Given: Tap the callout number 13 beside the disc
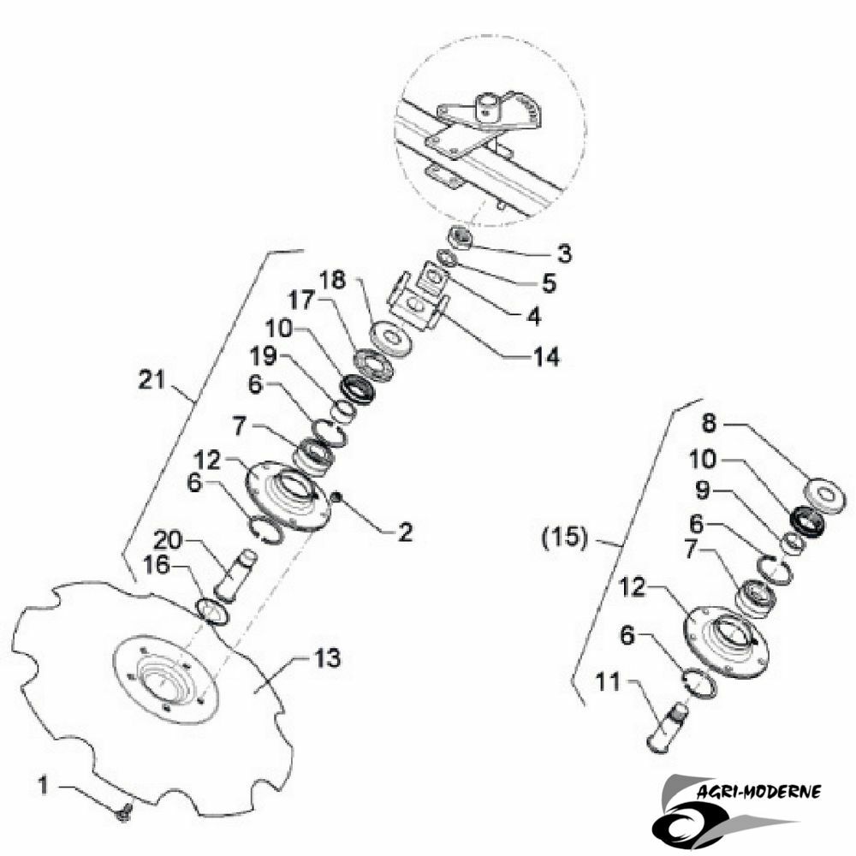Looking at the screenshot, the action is [x=327, y=658].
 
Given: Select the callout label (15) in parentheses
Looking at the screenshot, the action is [x=565, y=538].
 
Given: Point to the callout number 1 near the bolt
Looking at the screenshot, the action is [x=44, y=786].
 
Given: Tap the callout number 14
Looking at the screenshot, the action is [x=546, y=357].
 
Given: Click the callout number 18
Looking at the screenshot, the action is [x=333, y=280].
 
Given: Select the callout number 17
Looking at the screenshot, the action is [x=302, y=300].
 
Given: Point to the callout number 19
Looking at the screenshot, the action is [x=263, y=356].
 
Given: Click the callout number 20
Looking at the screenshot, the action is [x=167, y=540].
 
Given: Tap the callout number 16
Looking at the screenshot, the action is [x=157, y=565].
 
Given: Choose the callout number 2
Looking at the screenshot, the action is [x=405, y=532].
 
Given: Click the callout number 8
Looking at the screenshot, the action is [x=709, y=423].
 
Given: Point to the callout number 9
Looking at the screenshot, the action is [x=703, y=490].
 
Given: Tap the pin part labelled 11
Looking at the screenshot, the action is [x=667, y=727].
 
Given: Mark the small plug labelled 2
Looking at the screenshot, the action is [x=337, y=496].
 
